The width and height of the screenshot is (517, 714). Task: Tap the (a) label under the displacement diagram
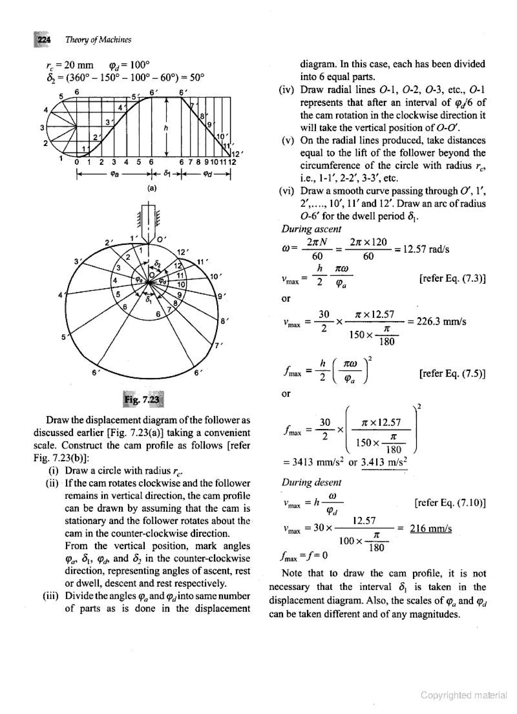click(x=152, y=188)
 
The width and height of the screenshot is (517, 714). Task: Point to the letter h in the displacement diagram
click(x=166, y=128)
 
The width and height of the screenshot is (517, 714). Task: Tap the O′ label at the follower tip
click(x=161, y=239)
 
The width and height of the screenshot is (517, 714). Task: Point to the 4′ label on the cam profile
click(x=62, y=295)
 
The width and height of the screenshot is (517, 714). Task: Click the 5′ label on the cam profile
click(x=64, y=337)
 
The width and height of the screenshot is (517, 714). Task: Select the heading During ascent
click(x=311, y=229)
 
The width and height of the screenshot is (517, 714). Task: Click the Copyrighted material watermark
click(x=464, y=695)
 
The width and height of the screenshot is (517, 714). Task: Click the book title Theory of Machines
click(x=98, y=40)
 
